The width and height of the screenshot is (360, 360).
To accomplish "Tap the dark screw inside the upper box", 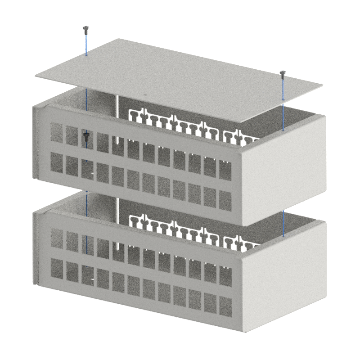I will point(86,135).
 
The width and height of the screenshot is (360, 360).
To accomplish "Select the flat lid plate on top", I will point(180,76).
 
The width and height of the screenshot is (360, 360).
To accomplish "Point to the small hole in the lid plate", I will point(145,95).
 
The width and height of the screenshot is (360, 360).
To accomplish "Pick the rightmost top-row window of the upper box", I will point(225,169).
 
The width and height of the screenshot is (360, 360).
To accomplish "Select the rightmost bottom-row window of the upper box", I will point(225,198).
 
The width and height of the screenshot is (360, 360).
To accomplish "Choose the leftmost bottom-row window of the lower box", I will point(57,267).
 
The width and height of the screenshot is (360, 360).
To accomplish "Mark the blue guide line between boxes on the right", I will point(283,223).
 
